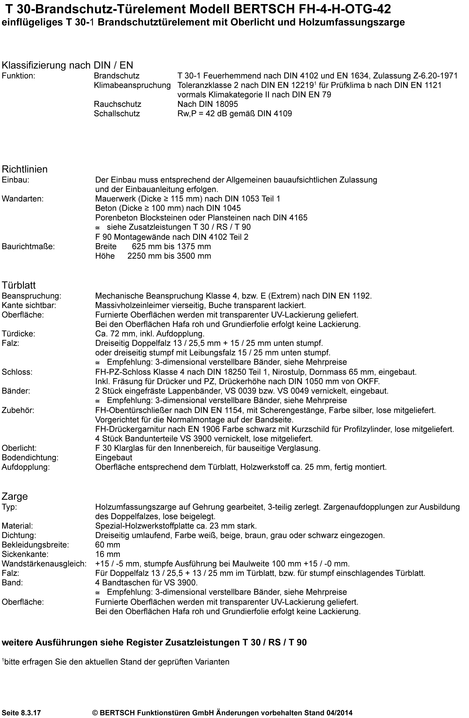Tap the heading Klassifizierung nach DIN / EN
(68, 65)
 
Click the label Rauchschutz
(117, 104)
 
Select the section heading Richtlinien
(25, 169)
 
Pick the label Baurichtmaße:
(28, 247)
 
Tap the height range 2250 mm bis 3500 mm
(169, 256)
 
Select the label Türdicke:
(18, 334)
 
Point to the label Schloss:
(17, 372)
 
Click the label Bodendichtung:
(30, 458)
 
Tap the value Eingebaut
(114, 458)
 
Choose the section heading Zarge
(15, 496)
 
